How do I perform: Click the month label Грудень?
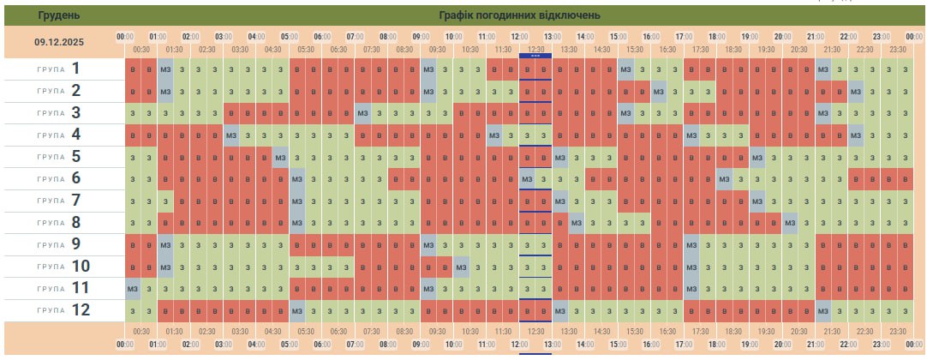click(60, 15)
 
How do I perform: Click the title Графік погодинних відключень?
click(519, 15)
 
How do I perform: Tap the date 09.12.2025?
click(60, 41)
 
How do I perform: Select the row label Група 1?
click(64, 69)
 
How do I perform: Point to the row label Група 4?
click(64, 135)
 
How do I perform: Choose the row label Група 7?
click(64, 201)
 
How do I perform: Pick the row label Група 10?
click(64, 266)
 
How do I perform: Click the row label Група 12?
click(64, 310)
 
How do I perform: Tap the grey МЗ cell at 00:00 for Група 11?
click(133, 288)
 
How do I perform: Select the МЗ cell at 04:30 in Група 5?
click(280, 157)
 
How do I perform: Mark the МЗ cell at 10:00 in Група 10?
click(461, 267)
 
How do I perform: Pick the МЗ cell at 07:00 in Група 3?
click(362, 112)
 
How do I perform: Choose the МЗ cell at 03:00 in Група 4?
click(231, 135)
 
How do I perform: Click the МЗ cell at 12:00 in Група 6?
click(527, 178)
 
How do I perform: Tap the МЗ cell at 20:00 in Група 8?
click(790, 222)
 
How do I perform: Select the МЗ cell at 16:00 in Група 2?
click(658, 91)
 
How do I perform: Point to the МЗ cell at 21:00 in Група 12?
click(822, 310)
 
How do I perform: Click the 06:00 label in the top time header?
click(322, 37)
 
